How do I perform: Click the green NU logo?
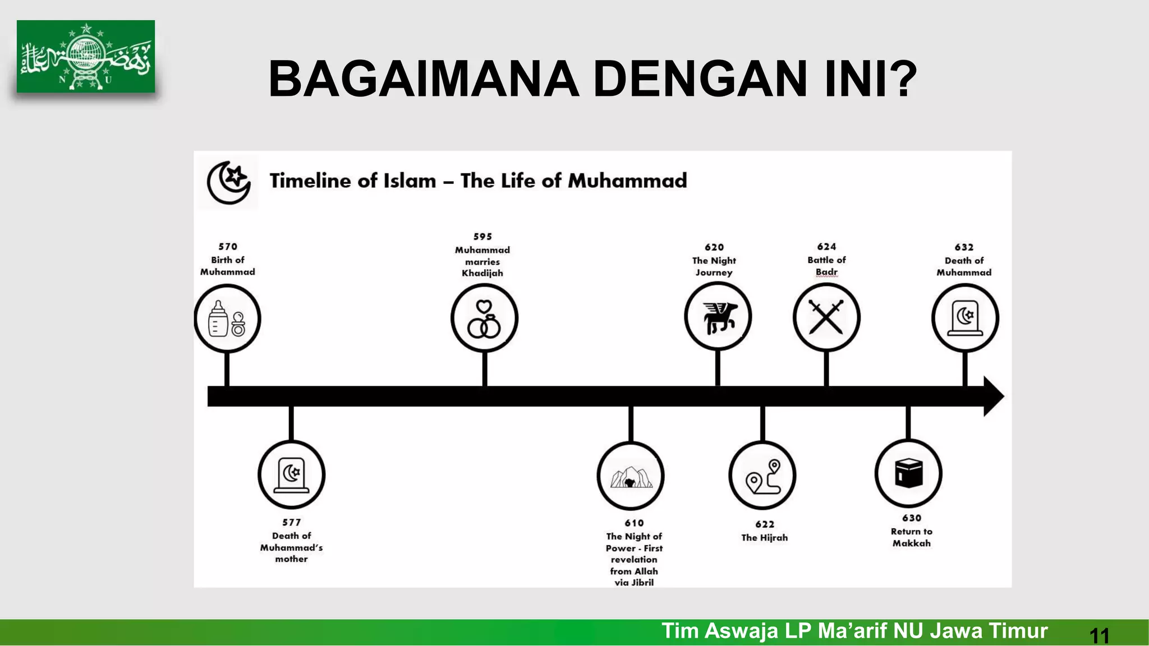tap(86, 57)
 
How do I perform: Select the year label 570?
tap(228, 247)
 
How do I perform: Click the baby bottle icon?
tap(219, 319)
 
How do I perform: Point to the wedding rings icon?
tap(484, 319)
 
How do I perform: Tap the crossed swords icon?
tap(826, 317)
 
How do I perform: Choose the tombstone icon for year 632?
tap(965, 317)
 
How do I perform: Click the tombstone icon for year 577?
tap(291, 474)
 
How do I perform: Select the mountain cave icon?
tap(631, 476)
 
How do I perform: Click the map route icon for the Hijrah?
tap(763, 476)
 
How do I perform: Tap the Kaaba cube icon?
tap(908, 473)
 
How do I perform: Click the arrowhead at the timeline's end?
tap(994, 396)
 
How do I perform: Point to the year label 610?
tap(634, 523)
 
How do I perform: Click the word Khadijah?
tap(482, 274)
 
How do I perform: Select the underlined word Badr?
tap(826, 272)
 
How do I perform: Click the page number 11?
tap(1099, 636)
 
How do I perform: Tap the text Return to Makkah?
tap(911, 537)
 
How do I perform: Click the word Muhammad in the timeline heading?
tap(627, 181)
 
